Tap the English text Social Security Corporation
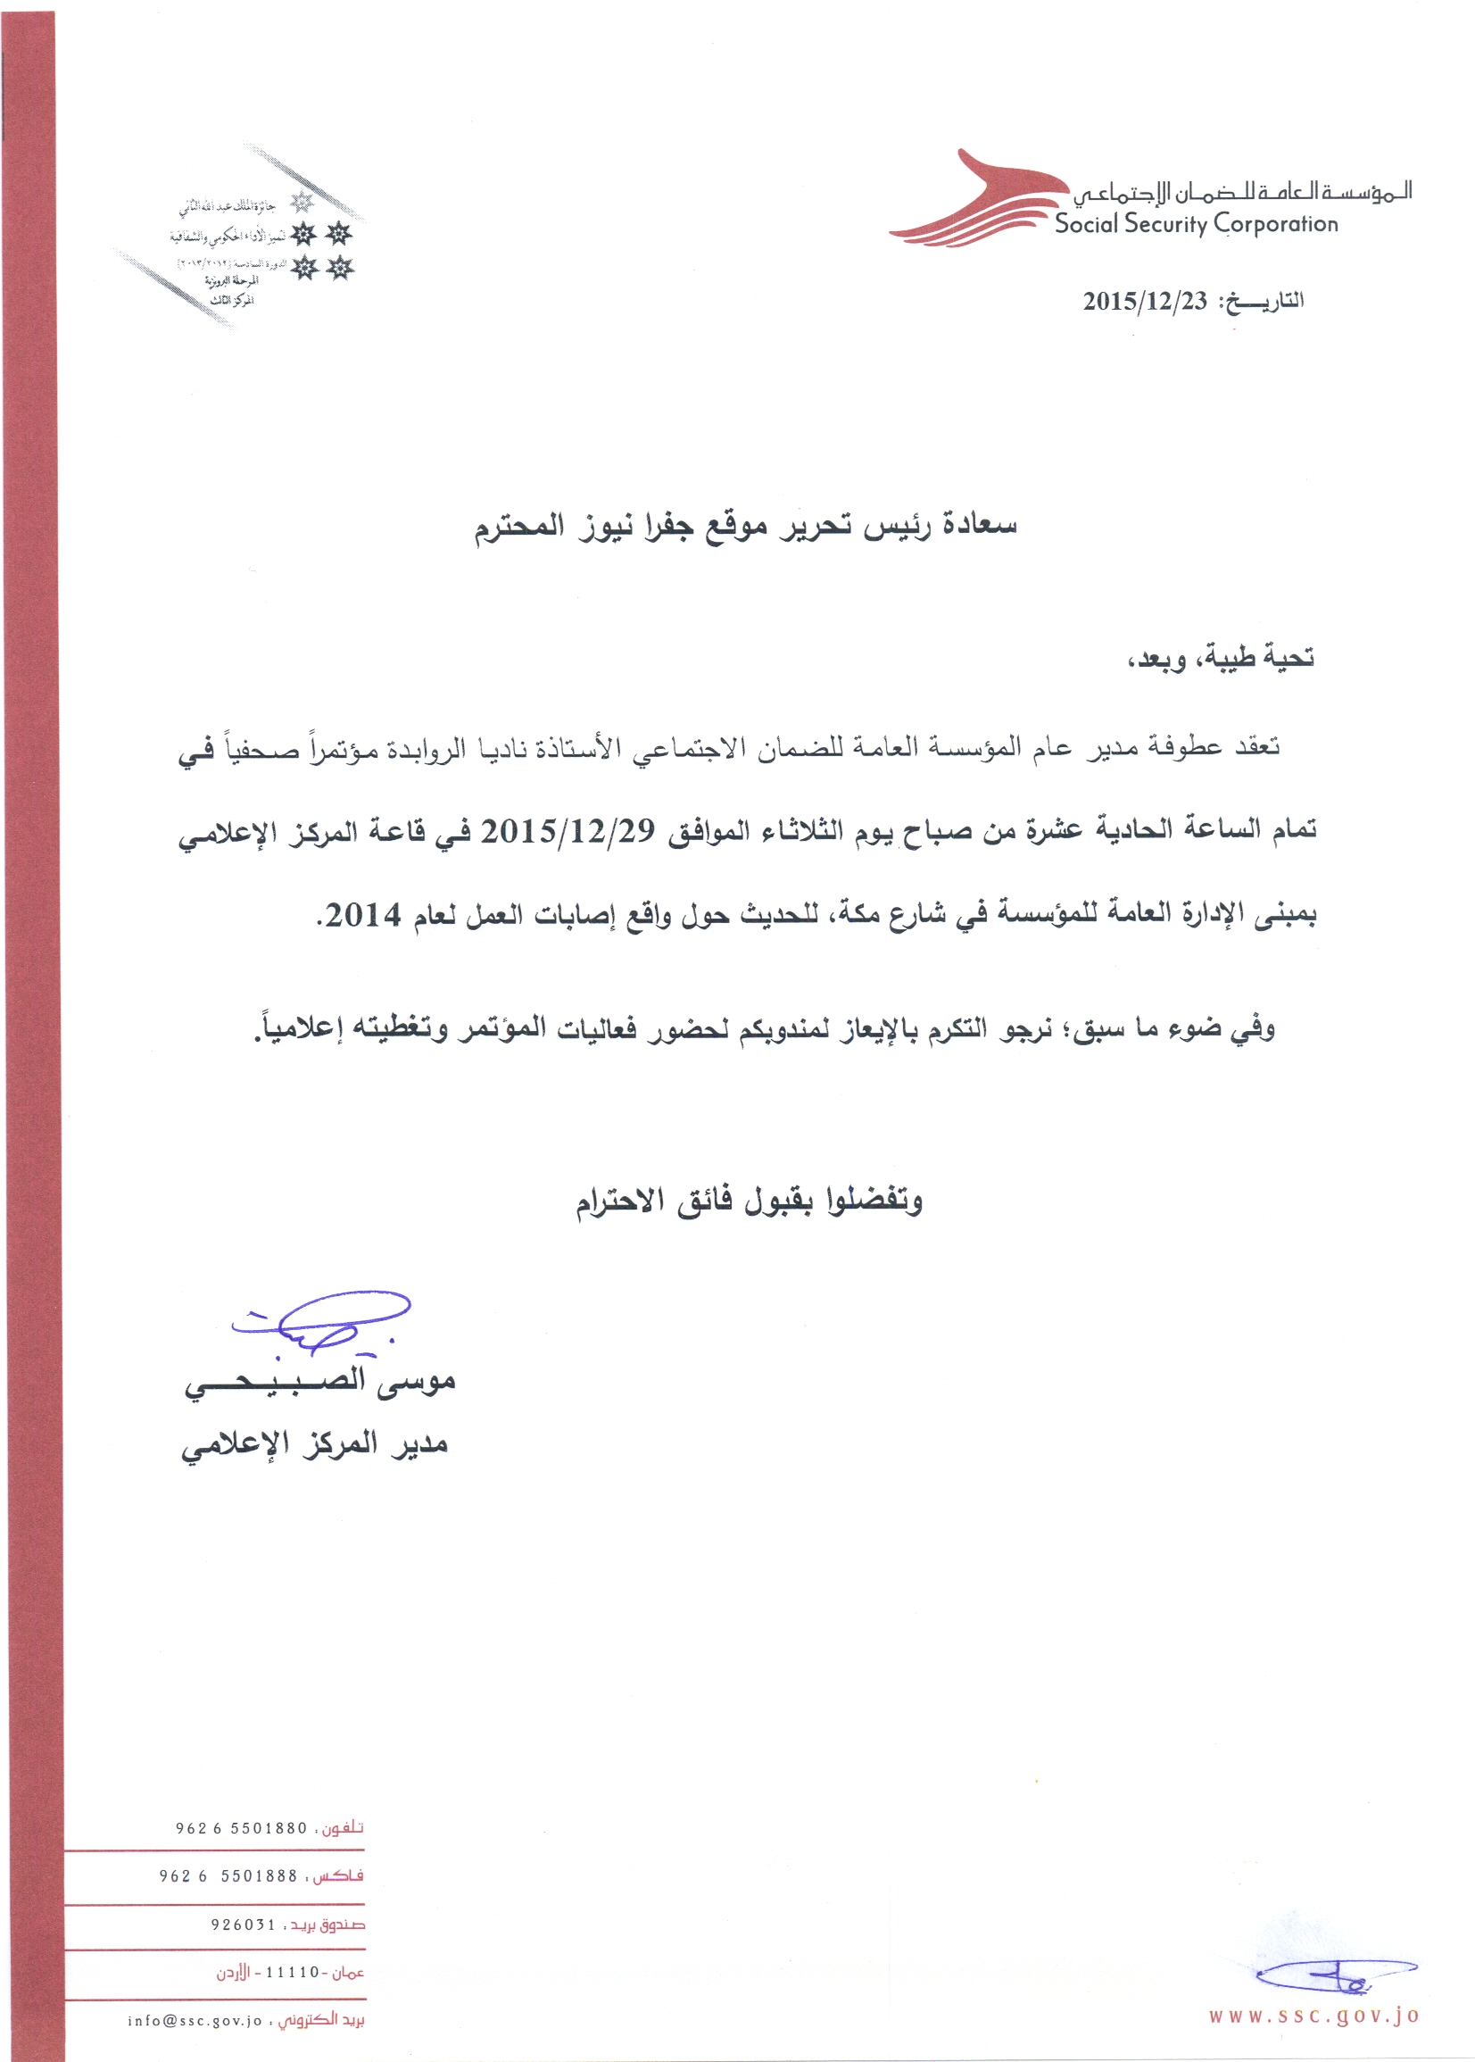point(1197,223)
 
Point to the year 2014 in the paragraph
point(363,916)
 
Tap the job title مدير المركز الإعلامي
point(314,1445)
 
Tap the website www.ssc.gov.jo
point(1313,2016)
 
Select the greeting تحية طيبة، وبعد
point(1221,658)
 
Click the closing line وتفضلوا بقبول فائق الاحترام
point(750,1201)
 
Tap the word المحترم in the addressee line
point(519,528)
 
